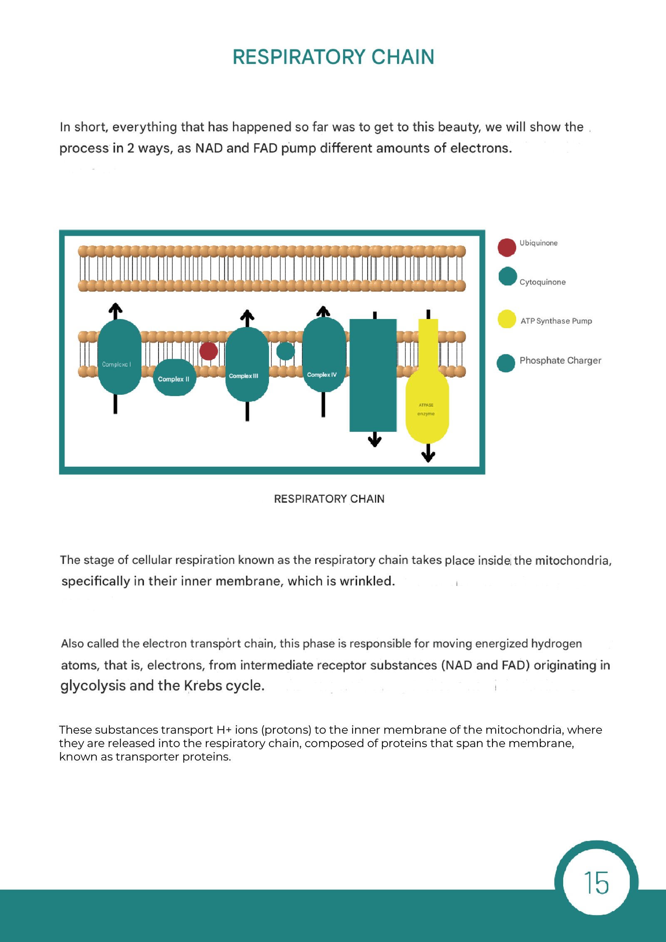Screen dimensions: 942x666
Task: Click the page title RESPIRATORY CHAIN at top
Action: point(333,57)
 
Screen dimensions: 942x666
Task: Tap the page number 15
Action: point(596,882)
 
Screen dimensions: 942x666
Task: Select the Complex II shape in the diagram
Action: point(174,378)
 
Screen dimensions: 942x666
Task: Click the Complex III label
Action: point(244,376)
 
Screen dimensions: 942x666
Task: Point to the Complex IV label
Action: point(322,375)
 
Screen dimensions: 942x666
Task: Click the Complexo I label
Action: point(117,364)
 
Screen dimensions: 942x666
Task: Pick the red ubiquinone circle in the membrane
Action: point(209,351)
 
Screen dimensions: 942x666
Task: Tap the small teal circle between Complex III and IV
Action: point(286,351)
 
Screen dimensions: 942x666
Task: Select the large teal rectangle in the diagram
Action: point(373,375)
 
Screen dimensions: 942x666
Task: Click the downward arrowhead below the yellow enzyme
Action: point(428,457)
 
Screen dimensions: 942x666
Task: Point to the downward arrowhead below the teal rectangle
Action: point(375,441)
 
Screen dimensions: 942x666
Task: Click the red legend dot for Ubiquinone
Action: point(507,247)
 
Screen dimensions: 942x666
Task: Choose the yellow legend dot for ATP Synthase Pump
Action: point(507,319)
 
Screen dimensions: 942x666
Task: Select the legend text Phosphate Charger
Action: point(560,361)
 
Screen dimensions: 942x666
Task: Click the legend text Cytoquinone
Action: point(542,282)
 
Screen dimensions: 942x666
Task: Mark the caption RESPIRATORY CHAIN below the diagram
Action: point(329,499)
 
